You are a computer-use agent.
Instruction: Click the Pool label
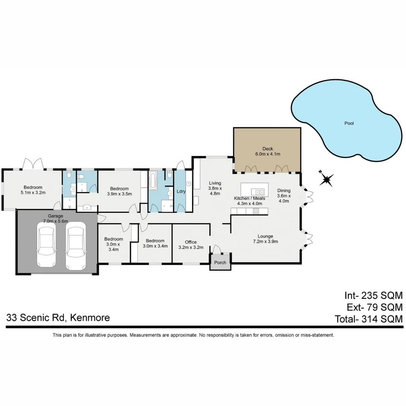[x=349, y=123]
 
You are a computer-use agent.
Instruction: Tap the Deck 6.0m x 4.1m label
[x=268, y=151]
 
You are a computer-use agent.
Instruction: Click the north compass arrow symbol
[x=327, y=179]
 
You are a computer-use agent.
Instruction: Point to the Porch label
[x=220, y=262]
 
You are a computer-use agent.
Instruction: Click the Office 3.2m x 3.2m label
[x=191, y=245]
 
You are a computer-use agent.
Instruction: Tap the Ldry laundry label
[x=181, y=191]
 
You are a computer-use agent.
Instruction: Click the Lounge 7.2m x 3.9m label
[x=265, y=239]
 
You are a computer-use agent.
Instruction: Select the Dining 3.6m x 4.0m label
[x=284, y=195]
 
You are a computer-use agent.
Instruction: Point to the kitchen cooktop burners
[x=256, y=211]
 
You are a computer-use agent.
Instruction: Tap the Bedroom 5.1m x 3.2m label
[x=33, y=190]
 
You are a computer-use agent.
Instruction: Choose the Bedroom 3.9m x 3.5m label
[x=119, y=191]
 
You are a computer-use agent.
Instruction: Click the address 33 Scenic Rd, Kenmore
[x=58, y=318]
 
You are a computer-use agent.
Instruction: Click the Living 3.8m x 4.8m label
[x=215, y=188]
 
